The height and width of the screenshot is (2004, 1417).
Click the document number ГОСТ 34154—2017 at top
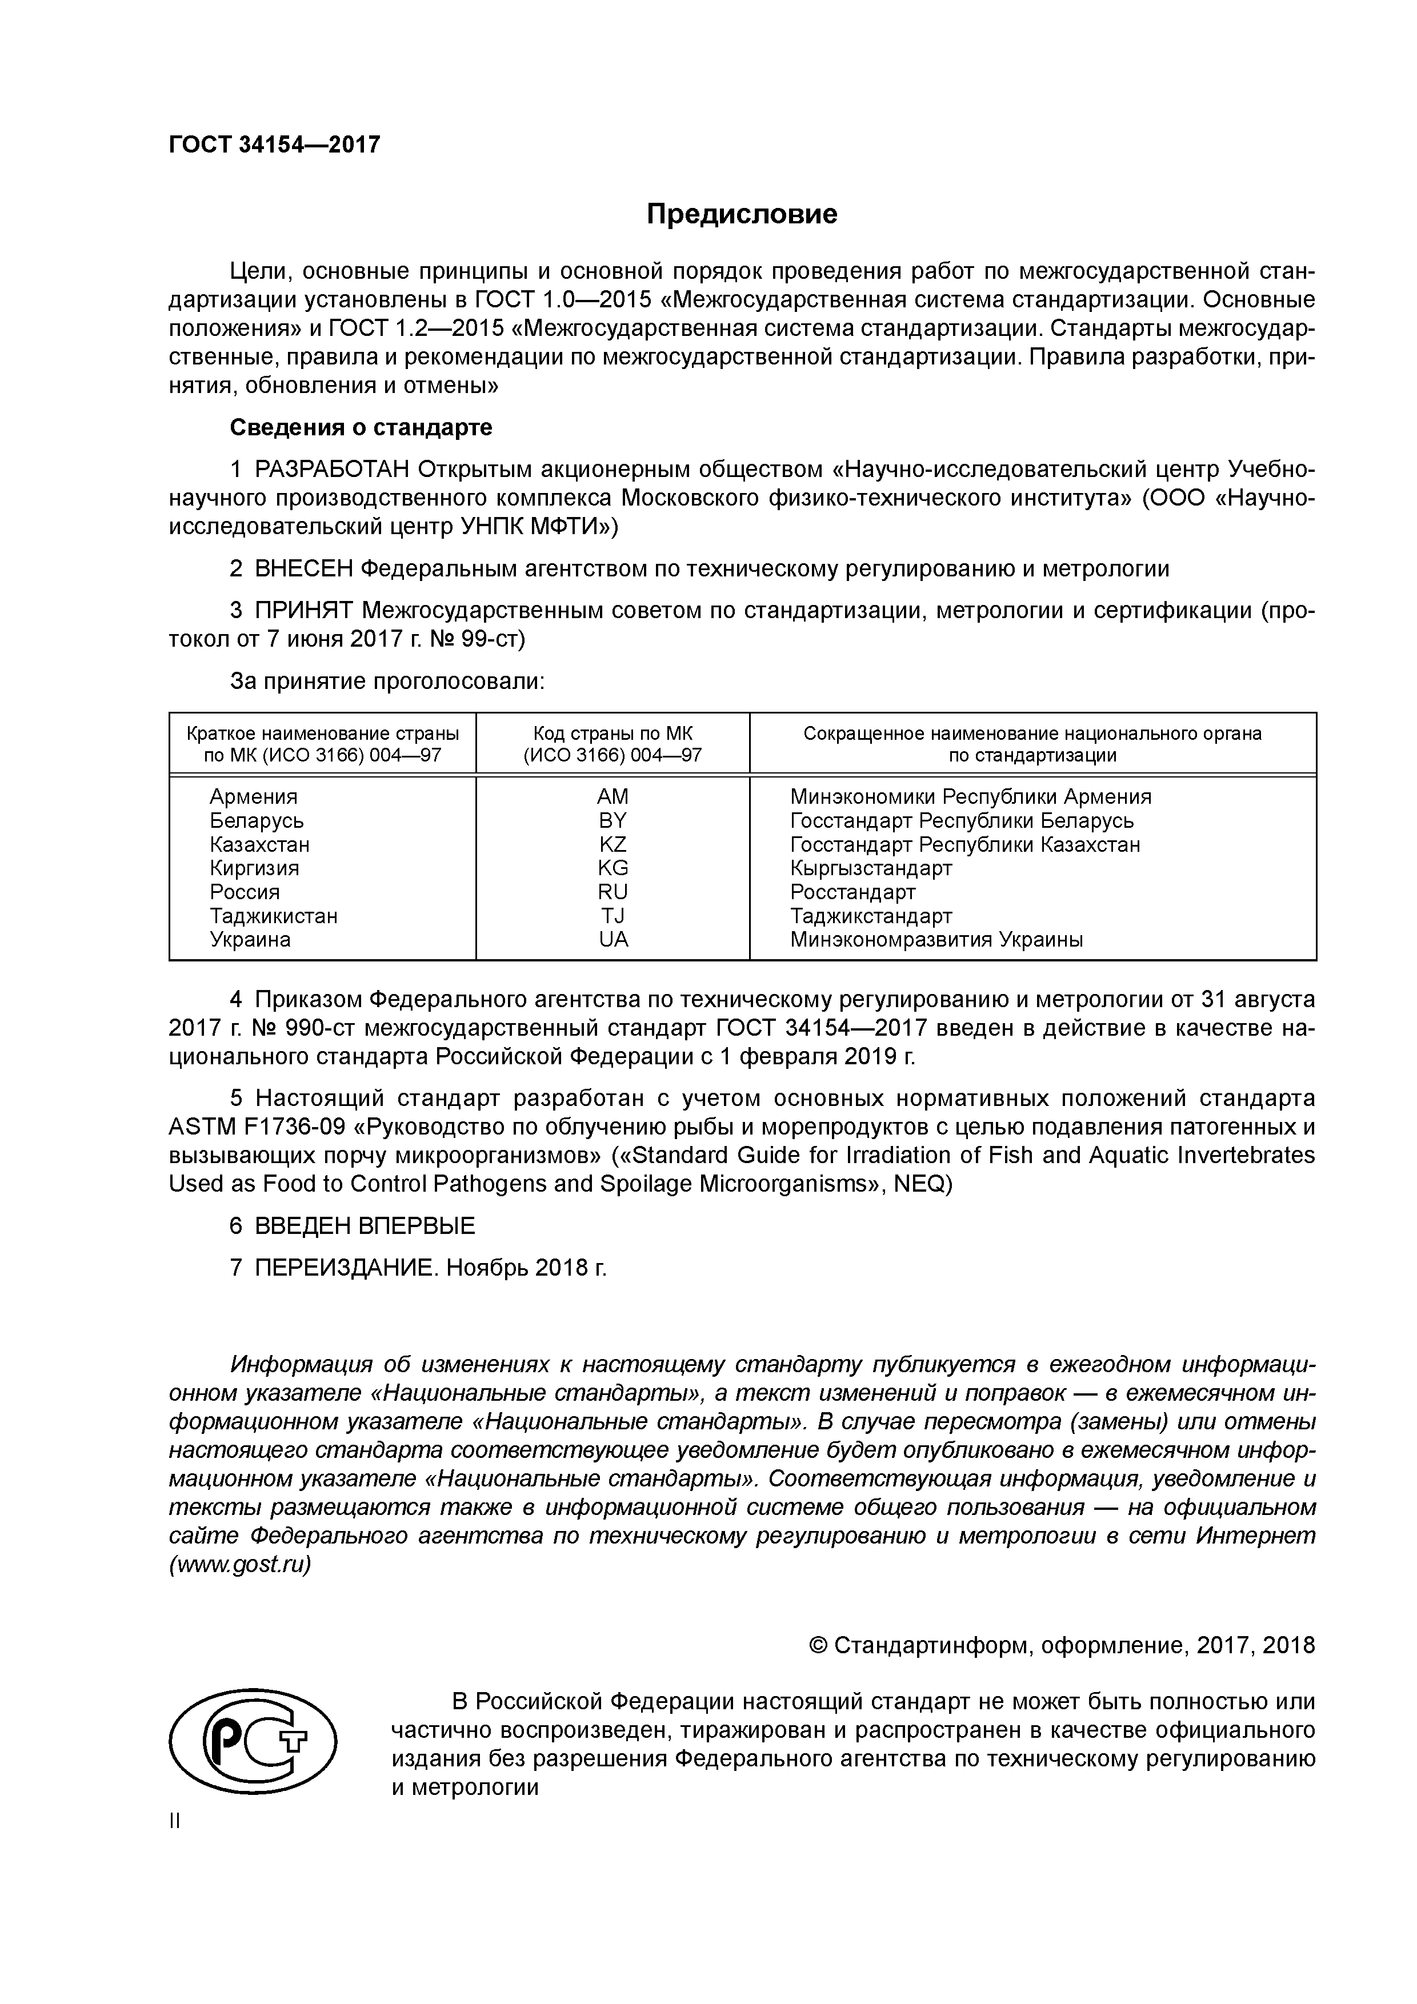[x=274, y=144]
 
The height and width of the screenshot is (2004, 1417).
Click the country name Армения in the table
[x=253, y=797]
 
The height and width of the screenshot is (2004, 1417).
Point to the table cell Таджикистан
[x=273, y=916]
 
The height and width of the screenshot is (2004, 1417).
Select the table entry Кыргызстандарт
[x=870, y=868]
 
